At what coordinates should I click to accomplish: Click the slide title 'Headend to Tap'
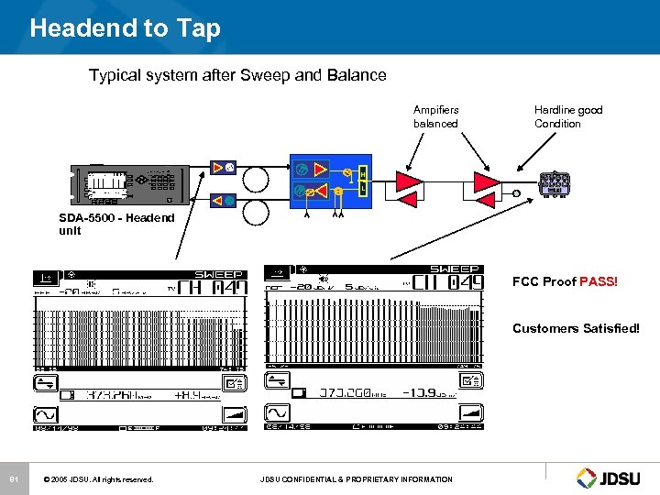tap(125, 27)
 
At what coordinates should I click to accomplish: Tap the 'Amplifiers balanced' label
tap(435, 116)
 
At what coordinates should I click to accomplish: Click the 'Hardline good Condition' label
tap(568, 116)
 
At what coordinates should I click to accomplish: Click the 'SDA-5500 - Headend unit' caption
tap(115, 224)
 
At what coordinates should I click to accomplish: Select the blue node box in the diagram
tap(331, 181)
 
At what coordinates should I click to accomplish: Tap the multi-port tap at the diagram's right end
tap(555, 183)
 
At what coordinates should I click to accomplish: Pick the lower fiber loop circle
tap(256, 213)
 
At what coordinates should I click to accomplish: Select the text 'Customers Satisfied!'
tap(576, 328)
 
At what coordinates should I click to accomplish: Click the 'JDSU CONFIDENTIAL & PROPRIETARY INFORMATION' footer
tap(356, 478)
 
